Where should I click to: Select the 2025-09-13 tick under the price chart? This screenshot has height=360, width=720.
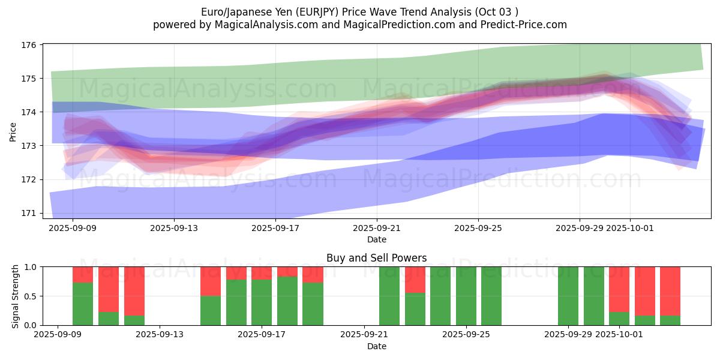click(x=174, y=228)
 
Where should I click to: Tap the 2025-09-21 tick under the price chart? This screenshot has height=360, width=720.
click(x=377, y=228)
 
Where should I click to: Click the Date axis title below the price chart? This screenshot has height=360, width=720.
click(x=377, y=239)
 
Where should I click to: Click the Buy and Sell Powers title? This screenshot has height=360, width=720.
click(x=377, y=258)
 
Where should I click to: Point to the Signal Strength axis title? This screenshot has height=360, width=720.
click(x=16, y=296)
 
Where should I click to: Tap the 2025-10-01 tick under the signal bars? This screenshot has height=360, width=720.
click(x=630, y=335)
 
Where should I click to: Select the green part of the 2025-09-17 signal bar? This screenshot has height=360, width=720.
click(x=262, y=302)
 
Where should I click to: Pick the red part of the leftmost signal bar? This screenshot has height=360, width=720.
click(x=83, y=274)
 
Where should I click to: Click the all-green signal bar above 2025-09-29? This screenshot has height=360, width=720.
click(x=568, y=296)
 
